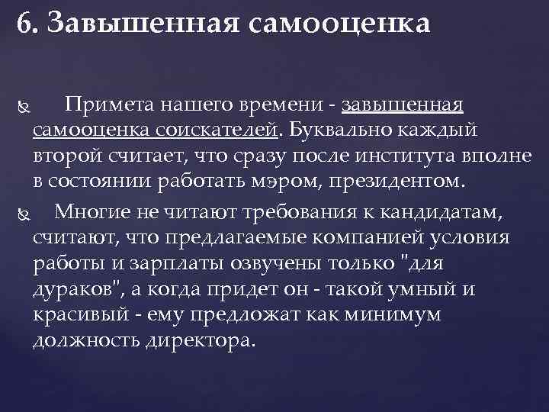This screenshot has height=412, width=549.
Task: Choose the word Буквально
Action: click(335, 130)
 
